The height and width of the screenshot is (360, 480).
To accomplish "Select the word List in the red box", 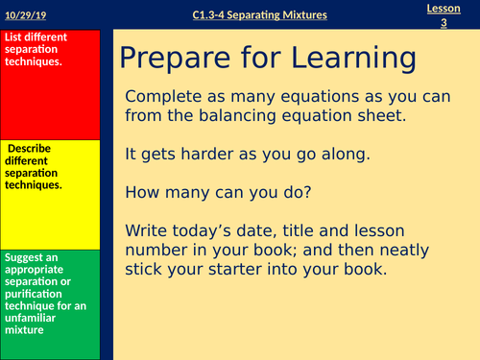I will click(x=15, y=37).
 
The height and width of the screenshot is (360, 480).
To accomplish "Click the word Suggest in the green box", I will click(x=28, y=256).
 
